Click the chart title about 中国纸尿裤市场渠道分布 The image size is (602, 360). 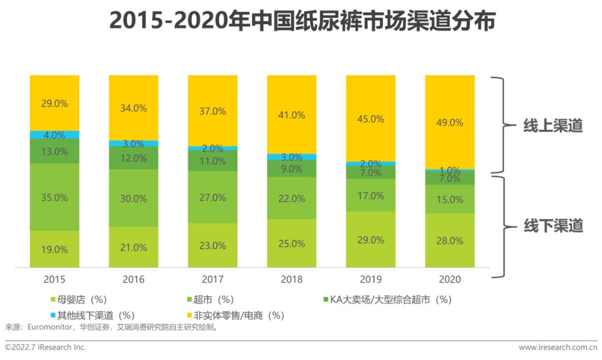click(x=302, y=22)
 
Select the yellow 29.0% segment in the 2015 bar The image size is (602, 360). click(x=55, y=103)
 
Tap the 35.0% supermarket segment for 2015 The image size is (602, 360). click(x=55, y=197)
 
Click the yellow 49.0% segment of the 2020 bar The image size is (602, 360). click(x=449, y=122)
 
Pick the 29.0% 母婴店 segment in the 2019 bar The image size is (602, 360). click(x=371, y=240)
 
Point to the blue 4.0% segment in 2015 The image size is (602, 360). click(x=55, y=135)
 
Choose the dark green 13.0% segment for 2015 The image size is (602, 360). click(x=55, y=151)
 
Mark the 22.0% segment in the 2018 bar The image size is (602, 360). click(x=292, y=198)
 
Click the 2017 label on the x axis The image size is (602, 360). click(x=212, y=279)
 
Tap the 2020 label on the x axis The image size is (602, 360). click(x=449, y=279)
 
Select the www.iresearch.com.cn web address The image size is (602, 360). click(x=557, y=347)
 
